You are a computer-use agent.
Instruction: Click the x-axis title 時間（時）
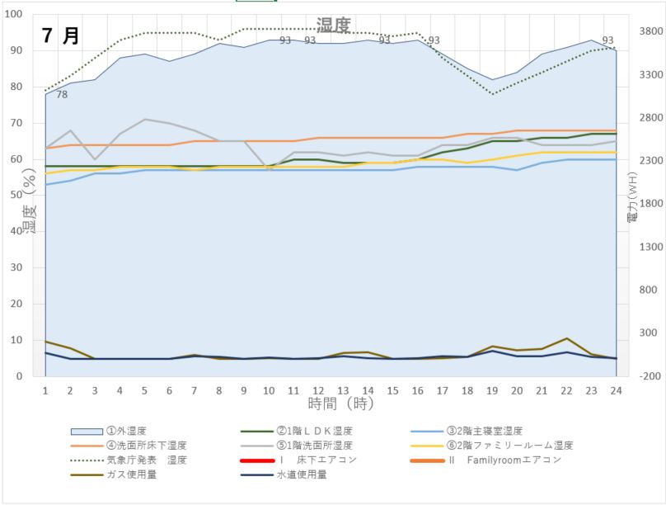340,404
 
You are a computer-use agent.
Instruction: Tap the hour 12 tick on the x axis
317,389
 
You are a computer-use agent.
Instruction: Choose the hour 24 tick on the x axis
615,389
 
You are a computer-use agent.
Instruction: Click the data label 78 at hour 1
62,95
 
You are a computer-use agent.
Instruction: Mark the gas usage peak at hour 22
565,338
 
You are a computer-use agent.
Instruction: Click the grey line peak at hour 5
144,120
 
